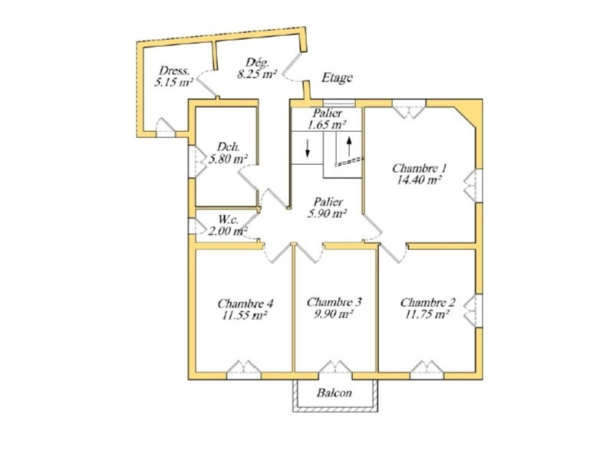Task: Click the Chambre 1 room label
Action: tap(420, 169)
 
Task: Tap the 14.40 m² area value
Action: tap(420, 180)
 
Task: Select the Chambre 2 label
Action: tap(428, 302)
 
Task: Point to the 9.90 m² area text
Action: tap(334, 314)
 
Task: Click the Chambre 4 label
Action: tap(245, 304)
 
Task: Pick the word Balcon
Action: tap(334, 393)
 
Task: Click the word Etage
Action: tap(337, 77)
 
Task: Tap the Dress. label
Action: tap(174, 71)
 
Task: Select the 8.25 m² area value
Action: tap(257, 74)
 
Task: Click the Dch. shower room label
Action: tap(229, 146)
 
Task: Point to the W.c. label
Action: tap(229, 219)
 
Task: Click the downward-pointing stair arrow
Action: tap(308, 148)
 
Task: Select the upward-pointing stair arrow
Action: tap(349, 146)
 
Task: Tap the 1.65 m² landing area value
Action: tap(327, 125)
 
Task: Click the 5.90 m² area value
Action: tap(327, 213)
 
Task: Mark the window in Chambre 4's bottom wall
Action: tap(243, 370)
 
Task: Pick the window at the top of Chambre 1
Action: tap(410, 109)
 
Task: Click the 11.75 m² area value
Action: tap(427, 314)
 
